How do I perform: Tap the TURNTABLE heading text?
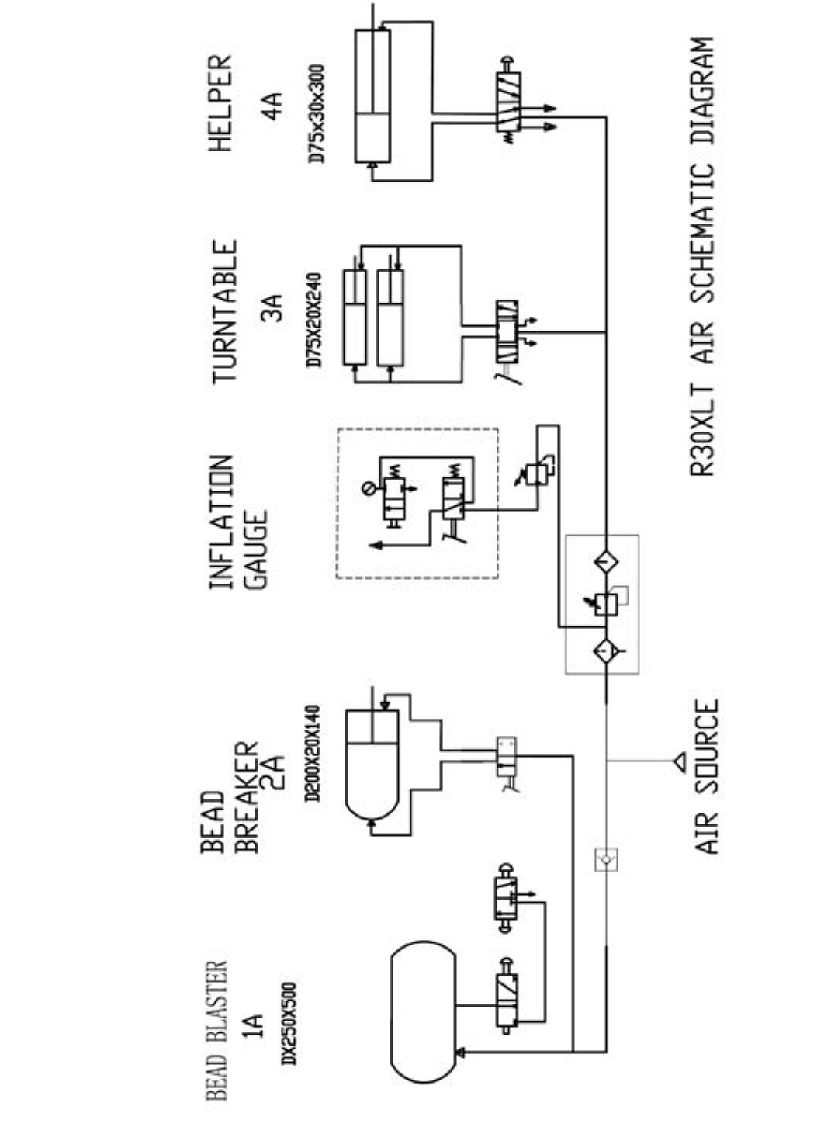[x=223, y=311]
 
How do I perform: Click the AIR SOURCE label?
[x=707, y=776]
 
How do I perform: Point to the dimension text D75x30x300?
[x=317, y=113]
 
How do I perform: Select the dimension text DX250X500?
[x=288, y=1024]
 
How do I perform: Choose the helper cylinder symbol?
[x=372, y=96]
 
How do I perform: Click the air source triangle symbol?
[x=680, y=763]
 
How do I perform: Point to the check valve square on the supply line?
[x=605, y=859]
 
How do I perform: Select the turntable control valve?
[x=508, y=331]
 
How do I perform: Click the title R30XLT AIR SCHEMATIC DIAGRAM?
[x=702, y=256]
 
